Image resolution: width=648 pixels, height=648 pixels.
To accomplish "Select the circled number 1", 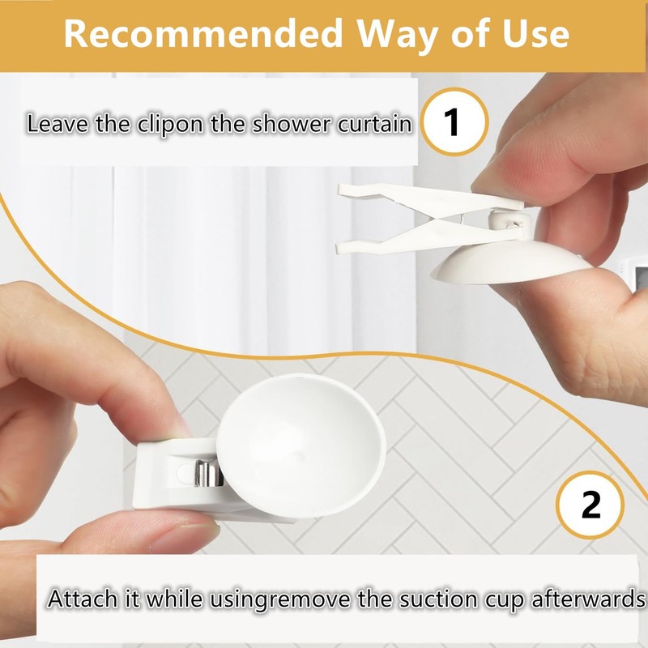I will pos(452,124).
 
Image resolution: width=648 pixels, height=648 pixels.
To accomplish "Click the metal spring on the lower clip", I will pos(208,475).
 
